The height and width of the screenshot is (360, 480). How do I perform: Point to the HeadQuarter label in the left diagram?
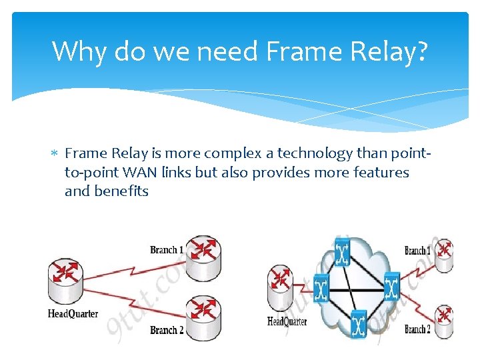click(x=73, y=314)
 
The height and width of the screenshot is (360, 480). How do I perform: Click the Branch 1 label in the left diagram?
click(x=166, y=250)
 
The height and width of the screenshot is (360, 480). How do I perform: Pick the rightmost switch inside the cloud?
click(x=392, y=286)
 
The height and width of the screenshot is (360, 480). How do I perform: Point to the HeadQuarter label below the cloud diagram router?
click(x=287, y=321)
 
